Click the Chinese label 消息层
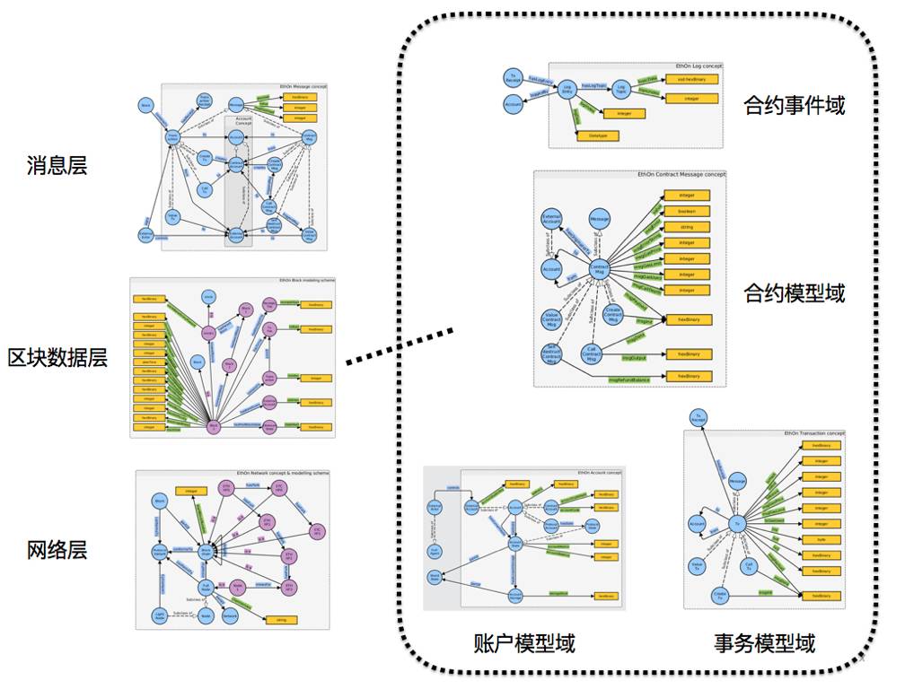click(x=57, y=165)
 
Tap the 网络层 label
click(x=57, y=550)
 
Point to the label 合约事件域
click(x=794, y=106)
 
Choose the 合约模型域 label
click(x=794, y=293)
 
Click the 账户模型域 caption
click(x=523, y=643)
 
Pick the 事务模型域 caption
click(x=765, y=643)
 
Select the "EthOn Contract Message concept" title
click(x=680, y=174)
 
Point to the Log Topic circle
click(x=620, y=90)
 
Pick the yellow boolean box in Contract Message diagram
click(x=687, y=211)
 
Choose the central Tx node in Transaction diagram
click(x=736, y=523)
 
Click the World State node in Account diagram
click(x=435, y=577)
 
